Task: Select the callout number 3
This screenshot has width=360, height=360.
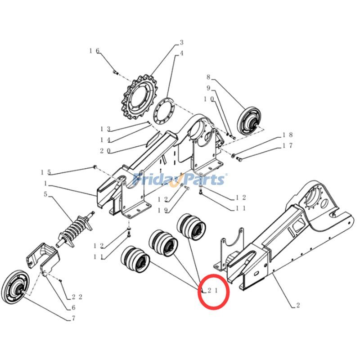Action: (181, 43)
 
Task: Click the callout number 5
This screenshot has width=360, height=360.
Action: (45, 194)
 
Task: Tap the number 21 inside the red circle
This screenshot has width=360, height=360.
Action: (212, 291)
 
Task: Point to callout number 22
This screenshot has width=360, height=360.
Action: (76, 297)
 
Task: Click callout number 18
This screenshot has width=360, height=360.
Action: (288, 135)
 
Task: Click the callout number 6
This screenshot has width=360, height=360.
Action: (73, 308)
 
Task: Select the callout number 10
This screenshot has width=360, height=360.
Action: (208, 98)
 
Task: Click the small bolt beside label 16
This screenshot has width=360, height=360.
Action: (115, 71)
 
